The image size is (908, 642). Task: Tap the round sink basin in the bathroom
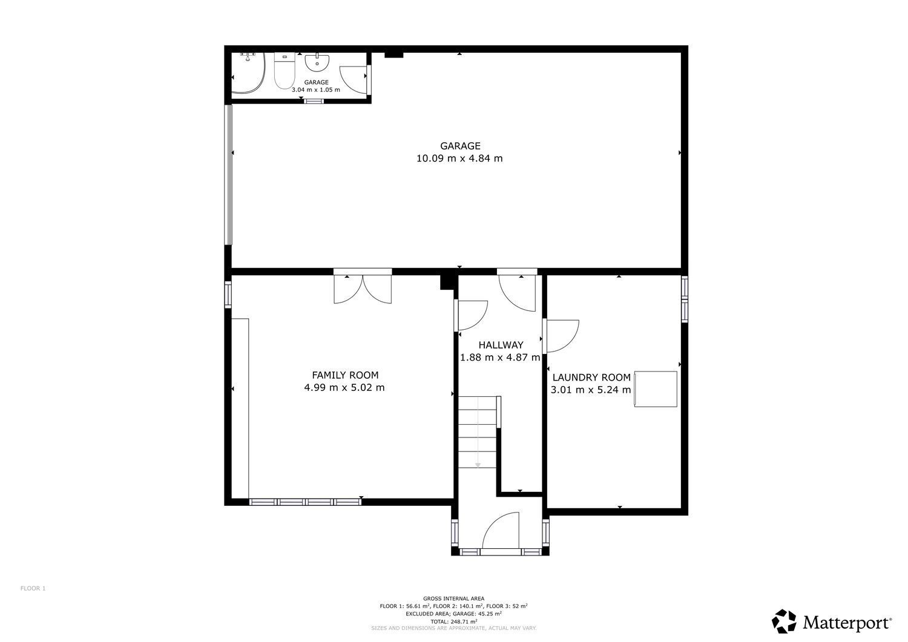317,62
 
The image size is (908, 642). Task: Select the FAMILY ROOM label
345,375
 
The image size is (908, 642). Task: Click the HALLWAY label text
501,345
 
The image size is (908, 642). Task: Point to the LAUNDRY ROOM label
591,378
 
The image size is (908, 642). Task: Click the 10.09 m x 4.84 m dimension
459,158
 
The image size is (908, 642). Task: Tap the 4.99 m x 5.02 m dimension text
344,387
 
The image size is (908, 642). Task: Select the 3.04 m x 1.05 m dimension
316,90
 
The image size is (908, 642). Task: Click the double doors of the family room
363,289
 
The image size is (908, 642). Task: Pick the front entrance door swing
501,530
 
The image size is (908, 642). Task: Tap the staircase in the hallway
478,432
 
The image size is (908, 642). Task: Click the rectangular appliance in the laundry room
656,389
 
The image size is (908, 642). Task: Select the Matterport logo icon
784,621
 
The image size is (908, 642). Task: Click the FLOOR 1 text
33,588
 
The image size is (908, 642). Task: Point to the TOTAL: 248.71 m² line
453,621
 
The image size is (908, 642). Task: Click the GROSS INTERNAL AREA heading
453,598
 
